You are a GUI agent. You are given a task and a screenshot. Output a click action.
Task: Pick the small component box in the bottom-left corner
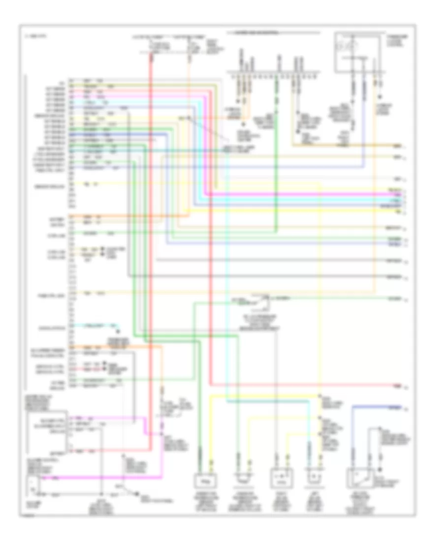point(32,487)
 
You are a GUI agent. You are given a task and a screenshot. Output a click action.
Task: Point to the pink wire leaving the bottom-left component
point(98,477)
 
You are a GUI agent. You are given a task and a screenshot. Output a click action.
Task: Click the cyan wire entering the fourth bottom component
point(310,443)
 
